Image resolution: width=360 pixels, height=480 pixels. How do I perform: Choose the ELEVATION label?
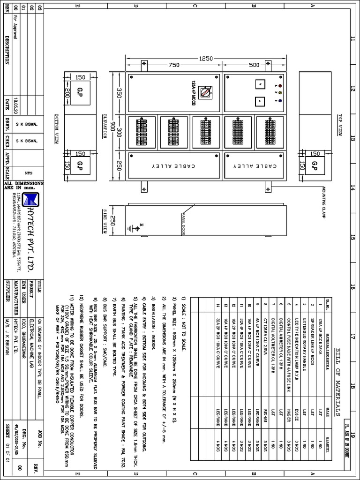point(104,126)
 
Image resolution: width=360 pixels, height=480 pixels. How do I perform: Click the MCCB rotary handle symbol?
point(205,93)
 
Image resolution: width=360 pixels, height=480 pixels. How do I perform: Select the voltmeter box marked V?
point(258,85)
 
